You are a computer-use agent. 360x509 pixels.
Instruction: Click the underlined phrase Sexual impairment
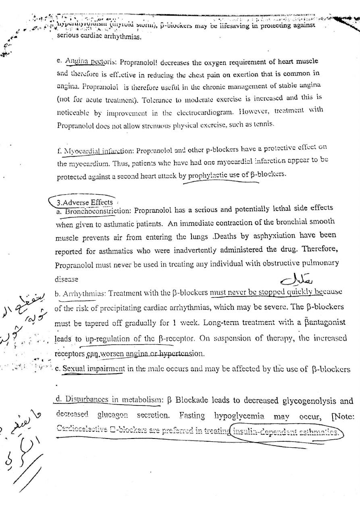pos(94,368)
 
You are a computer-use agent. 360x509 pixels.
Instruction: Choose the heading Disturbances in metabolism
pos(109,400)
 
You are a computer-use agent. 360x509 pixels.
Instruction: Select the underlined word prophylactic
pos(214,175)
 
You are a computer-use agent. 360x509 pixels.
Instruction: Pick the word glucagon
pos(112,416)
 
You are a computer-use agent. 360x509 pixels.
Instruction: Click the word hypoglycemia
pos(239,416)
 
